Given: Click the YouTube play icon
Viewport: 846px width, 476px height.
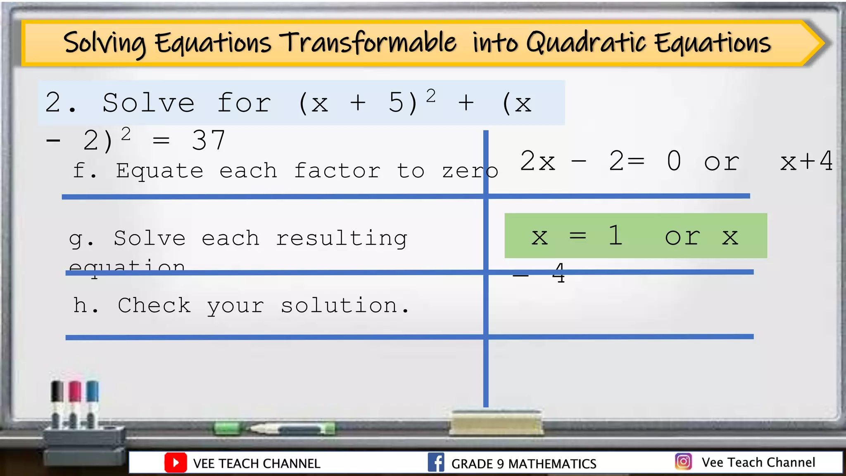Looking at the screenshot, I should click(176, 463).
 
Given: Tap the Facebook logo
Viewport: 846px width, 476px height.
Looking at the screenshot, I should click(436, 462).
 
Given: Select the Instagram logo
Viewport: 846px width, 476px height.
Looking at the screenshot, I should click(683, 462).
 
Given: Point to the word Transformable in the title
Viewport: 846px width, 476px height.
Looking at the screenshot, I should click(368, 43).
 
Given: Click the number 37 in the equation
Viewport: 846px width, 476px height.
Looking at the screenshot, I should click(209, 140).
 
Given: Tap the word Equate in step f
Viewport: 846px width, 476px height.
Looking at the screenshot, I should click(159, 171).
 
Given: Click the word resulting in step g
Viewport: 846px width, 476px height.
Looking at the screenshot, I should click(341, 238).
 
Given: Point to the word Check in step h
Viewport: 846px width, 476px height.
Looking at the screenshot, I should click(154, 305).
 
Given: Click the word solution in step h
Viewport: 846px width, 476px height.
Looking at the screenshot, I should click(339, 305).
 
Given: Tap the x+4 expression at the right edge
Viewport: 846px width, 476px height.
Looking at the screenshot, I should click(806, 161).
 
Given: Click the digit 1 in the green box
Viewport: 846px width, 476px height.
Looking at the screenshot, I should click(615, 236).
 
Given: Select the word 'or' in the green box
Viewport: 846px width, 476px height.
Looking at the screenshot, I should click(682, 237).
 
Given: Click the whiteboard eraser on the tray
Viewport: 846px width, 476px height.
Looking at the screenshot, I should click(496, 423).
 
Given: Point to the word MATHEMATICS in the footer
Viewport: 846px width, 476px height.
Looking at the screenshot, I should click(552, 464).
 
